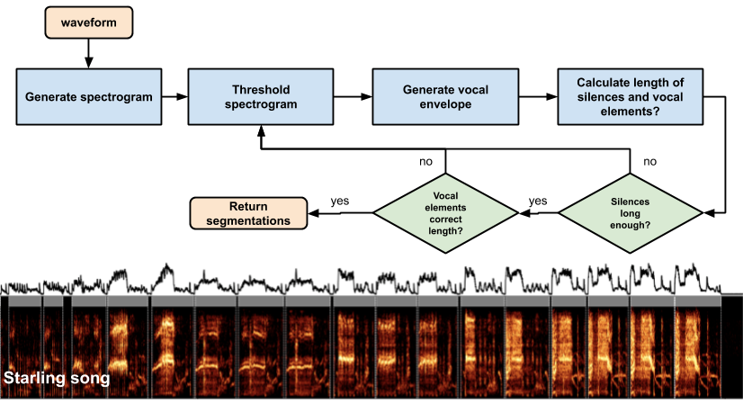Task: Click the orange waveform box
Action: [89, 22]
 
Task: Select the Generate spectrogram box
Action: [89, 97]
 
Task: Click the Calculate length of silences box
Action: [630, 97]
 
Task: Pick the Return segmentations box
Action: [248, 214]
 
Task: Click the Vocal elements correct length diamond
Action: [445, 213]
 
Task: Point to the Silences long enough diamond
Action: [630, 213]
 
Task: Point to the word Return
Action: [248, 207]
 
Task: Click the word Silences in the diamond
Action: [630, 202]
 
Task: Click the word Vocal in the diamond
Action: [445, 195]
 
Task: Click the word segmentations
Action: [248, 221]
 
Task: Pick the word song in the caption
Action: [94, 380]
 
